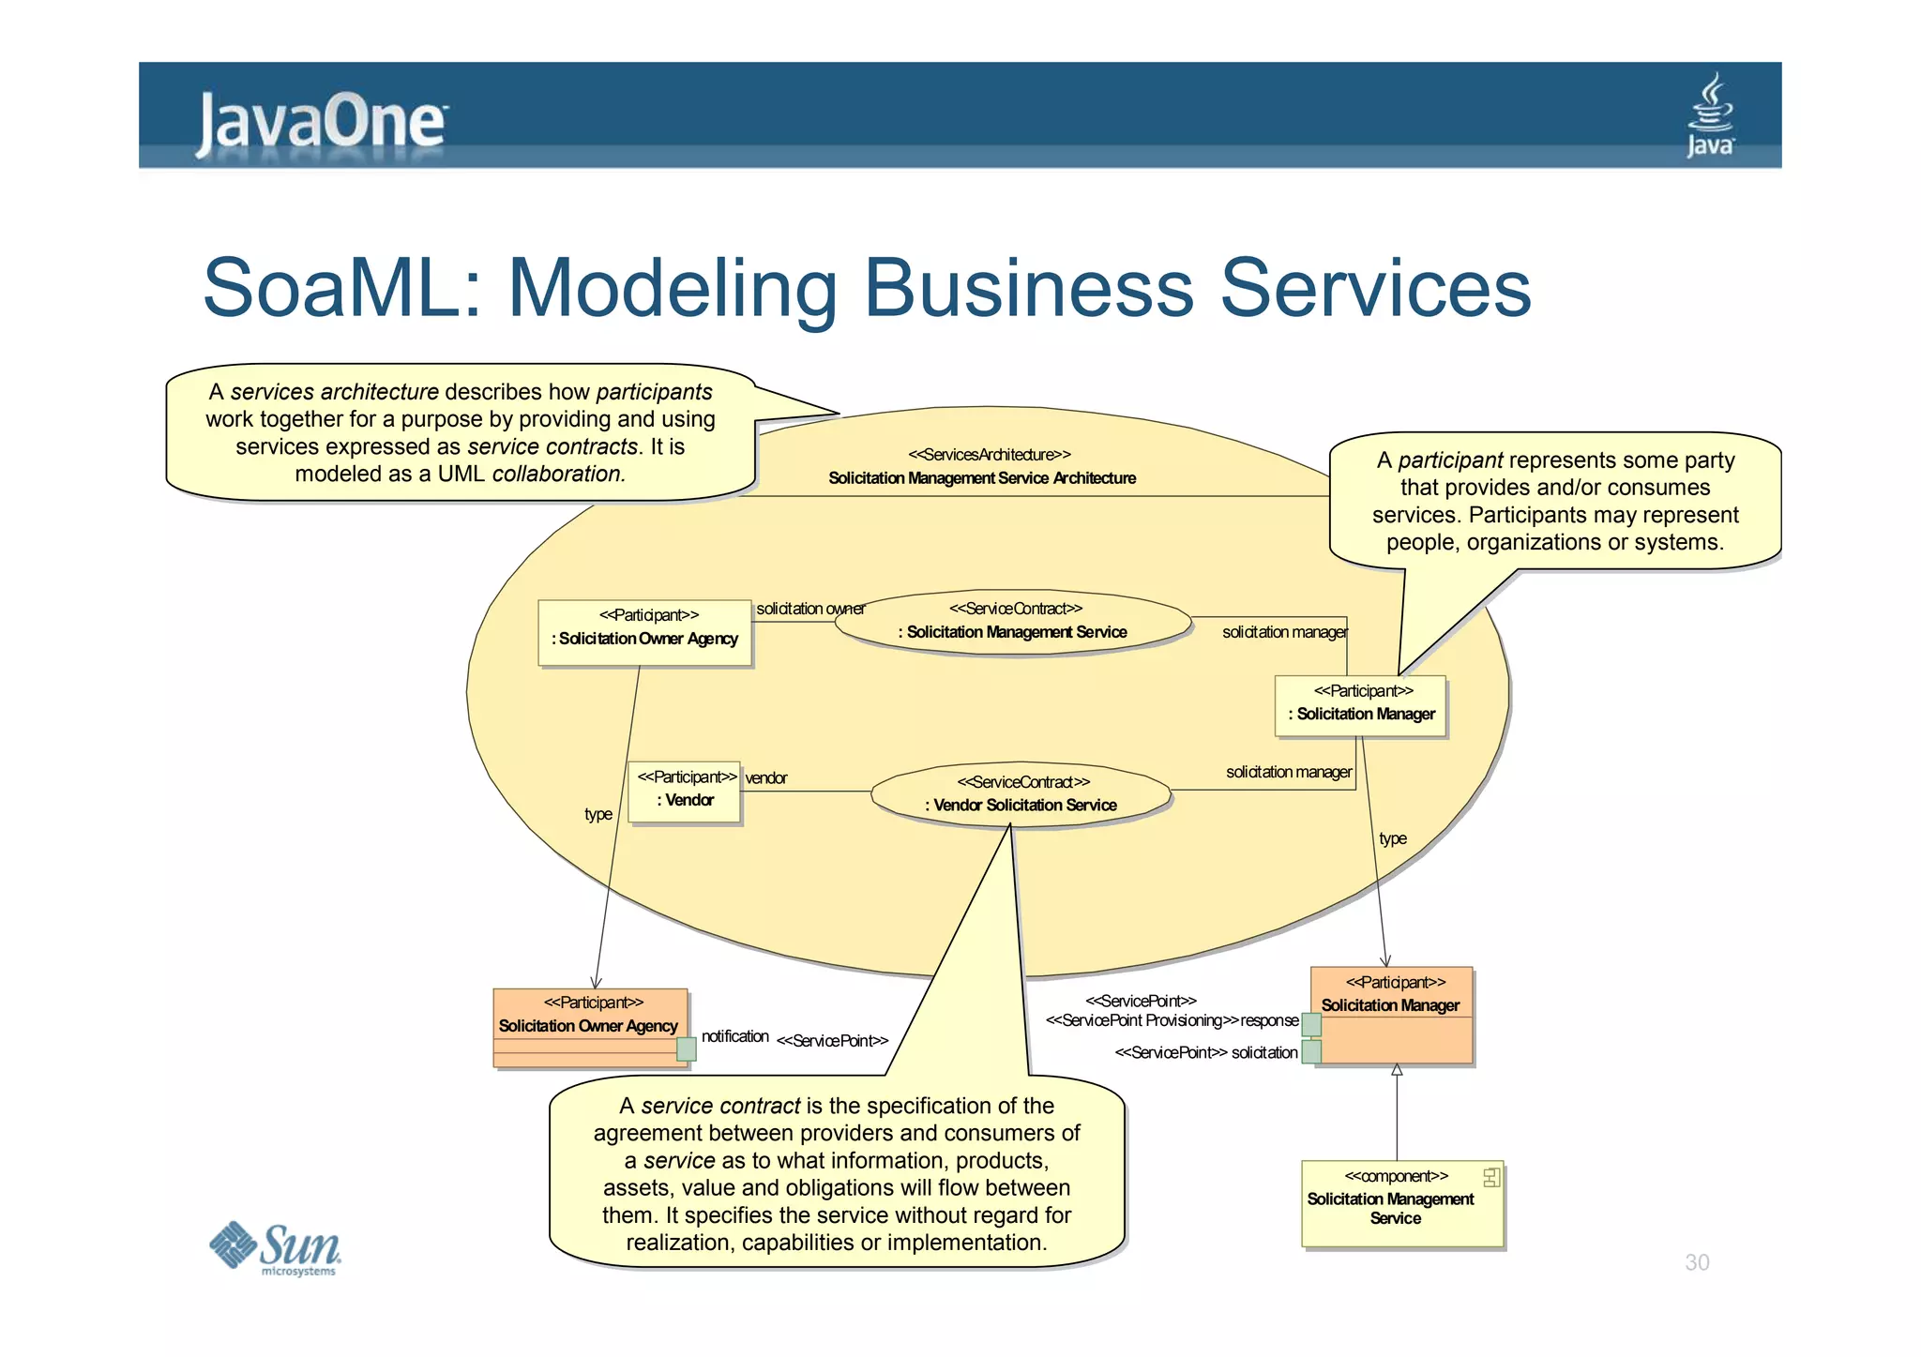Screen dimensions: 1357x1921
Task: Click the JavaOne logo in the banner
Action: click(x=322, y=123)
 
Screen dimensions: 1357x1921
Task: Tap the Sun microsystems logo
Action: click(x=275, y=1248)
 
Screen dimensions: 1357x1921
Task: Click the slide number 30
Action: click(x=1696, y=1262)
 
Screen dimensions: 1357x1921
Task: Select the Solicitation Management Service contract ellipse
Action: click(x=1013, y=622)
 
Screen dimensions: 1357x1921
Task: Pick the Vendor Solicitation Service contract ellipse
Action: click(x=1021, y=794)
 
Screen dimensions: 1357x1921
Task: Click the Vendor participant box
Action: click(x=685, y=792)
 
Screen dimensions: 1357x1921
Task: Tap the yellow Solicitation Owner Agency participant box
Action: click(x=645, y=632)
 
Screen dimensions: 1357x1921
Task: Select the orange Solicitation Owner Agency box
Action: click(x=589, y=1027)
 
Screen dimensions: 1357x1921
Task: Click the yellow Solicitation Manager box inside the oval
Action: click(x=1361, y=705)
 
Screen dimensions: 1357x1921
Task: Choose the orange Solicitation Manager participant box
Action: click(x=1392, y=1016)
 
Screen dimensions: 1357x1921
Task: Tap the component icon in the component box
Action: click(x=1490, y=1177)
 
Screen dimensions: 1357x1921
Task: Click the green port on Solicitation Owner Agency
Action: click(x=687, y=1048)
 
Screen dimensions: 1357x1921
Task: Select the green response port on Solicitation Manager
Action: click(x=1311, y=1023)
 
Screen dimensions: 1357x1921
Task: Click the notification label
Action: click(x=734, y=1036)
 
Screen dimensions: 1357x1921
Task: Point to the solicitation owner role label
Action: click(x=809, y=609)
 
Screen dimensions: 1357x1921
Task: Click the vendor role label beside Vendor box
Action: click(x=765, y=778)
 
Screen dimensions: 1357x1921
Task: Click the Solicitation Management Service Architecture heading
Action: click(x=981, y=478)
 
